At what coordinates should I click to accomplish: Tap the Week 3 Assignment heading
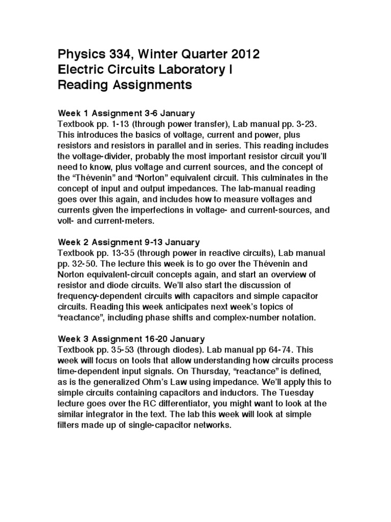(x=132, y=338)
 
